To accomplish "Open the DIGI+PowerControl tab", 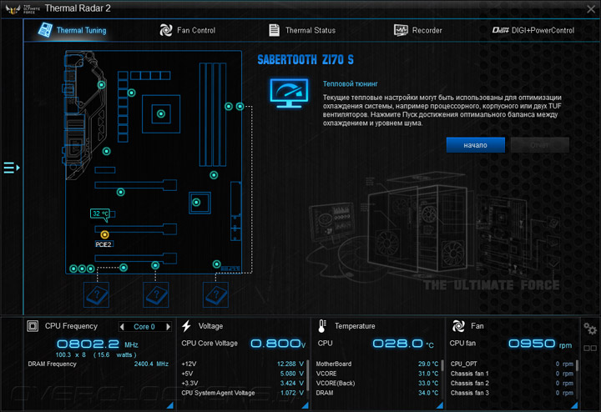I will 533,30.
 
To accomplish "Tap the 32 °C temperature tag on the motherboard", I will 100,214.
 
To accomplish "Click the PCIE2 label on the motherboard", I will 104,245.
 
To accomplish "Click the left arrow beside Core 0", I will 122,327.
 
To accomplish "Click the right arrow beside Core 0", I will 168,327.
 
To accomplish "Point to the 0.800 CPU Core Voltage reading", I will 274,344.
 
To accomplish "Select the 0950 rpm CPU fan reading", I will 531,344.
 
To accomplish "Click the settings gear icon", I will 590,329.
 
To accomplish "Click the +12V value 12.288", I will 285,364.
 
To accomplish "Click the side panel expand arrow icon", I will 11,168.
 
